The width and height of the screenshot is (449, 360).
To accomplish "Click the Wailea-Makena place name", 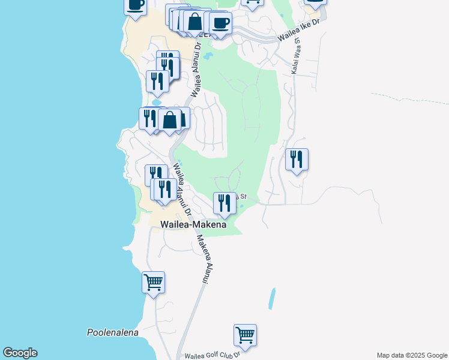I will (193, 224).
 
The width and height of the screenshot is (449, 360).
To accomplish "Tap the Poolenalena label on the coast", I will (113, 332).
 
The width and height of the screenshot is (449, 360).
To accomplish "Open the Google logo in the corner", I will (20, 353).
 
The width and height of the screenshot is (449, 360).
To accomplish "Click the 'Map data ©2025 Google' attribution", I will (411, 355).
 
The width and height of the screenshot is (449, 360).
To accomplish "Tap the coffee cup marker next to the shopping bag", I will (221, 23).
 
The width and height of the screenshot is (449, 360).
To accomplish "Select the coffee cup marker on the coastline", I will (135, 6).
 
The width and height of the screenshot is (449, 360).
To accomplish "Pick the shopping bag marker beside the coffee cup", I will (195, 22).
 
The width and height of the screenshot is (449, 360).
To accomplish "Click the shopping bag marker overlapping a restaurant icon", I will (170, 119).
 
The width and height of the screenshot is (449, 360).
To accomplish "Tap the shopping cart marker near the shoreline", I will (153, 281).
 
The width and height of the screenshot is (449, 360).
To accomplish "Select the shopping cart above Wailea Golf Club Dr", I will (245, 335).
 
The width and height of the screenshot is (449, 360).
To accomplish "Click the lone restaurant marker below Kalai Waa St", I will (297, 160).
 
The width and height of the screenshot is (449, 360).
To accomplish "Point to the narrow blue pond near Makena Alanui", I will (272, 299).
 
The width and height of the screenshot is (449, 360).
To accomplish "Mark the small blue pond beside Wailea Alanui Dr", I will (208, 56).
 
